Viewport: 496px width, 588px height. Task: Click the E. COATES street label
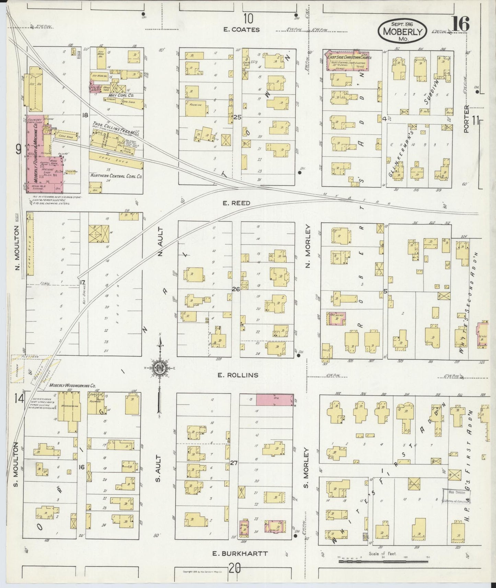point(241,30)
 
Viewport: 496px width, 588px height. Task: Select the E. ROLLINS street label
point(238,375)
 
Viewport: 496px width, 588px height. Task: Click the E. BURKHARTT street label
point(239,553)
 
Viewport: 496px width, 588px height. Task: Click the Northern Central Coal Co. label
point(116,175)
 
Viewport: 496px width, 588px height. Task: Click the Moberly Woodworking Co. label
point(72,386)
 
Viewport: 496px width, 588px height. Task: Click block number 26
point(235,289)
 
